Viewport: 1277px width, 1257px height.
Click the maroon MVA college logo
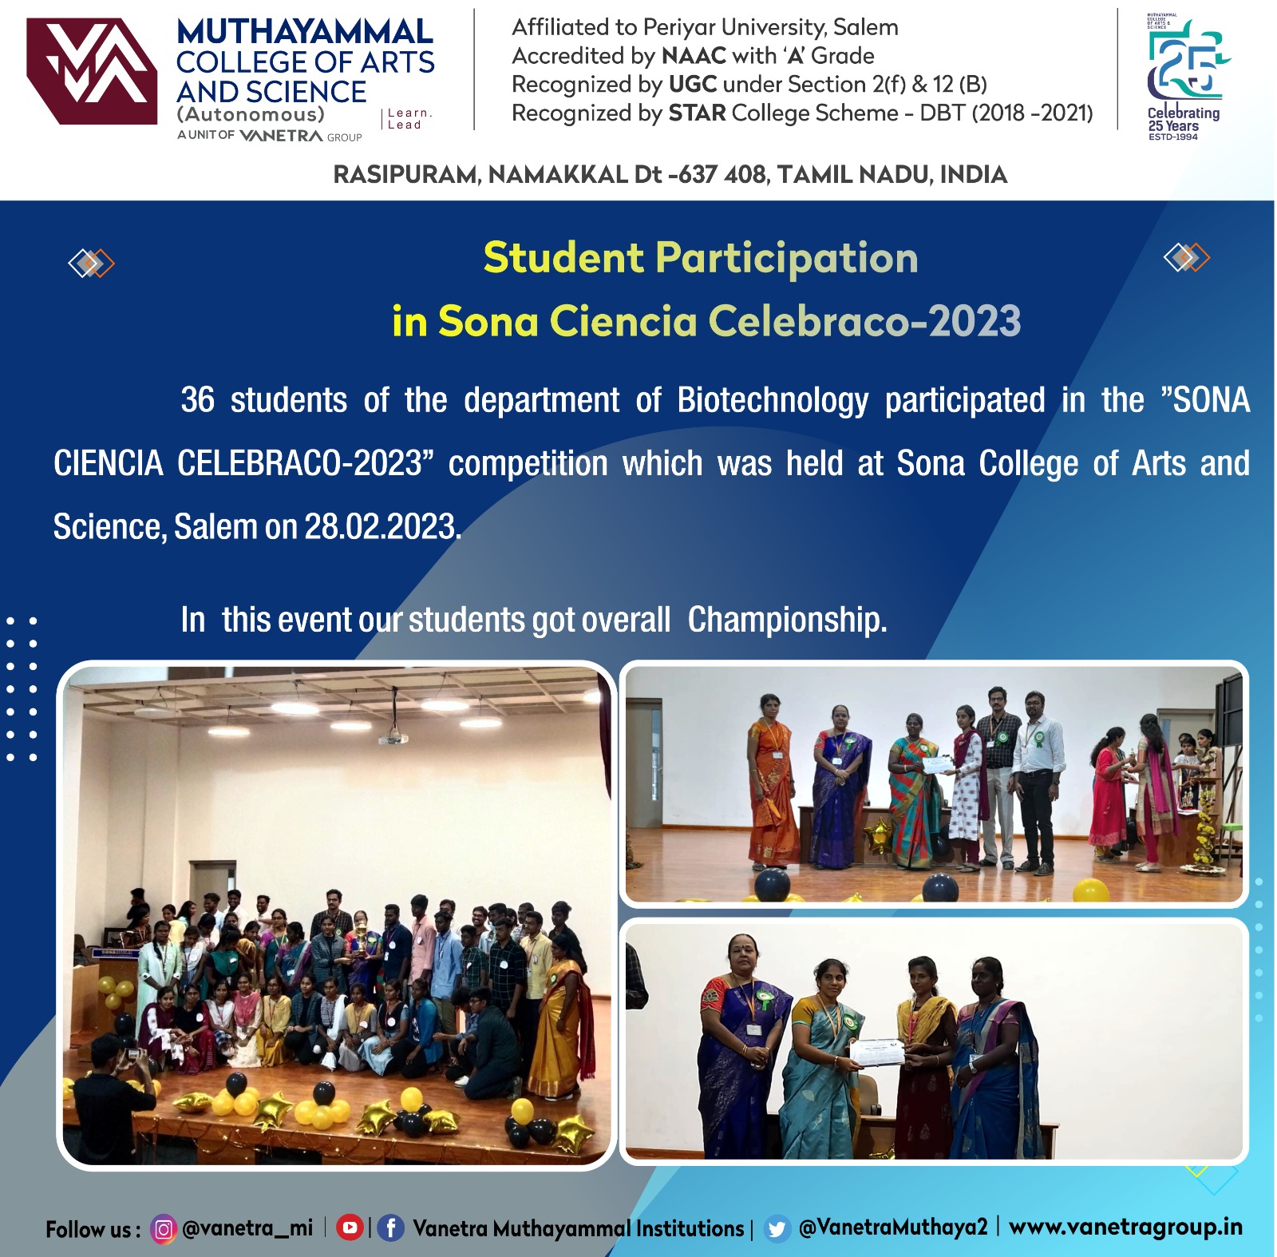(x=92, y=71)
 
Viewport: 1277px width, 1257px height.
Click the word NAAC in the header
(x=694, y=56)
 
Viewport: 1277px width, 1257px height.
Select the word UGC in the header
(x=692, y=85)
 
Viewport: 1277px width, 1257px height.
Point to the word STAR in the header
(x=697, y=113)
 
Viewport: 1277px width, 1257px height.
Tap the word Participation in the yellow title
(x=786, y=259)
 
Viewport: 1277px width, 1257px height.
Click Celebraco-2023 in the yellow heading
(x=864, y=321)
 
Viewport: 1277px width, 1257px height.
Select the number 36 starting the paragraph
(x=197, y=399)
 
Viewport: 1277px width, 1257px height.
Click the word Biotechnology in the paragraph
(x=773, y=401)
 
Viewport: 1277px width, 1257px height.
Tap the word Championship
(x=787, y=621)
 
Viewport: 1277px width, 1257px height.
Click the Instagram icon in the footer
(x=163, y=1228)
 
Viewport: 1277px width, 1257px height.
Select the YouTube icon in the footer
(x=350, y=1227)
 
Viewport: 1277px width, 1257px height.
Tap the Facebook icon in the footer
(x=390, y=1227)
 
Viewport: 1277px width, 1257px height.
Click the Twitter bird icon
(x=777, y=1228)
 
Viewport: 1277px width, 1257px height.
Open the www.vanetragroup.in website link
(x=1125, y=1227)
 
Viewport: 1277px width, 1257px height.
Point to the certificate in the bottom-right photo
(x=877, y=1053)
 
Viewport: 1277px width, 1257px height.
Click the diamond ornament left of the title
(x=91, y=263)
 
